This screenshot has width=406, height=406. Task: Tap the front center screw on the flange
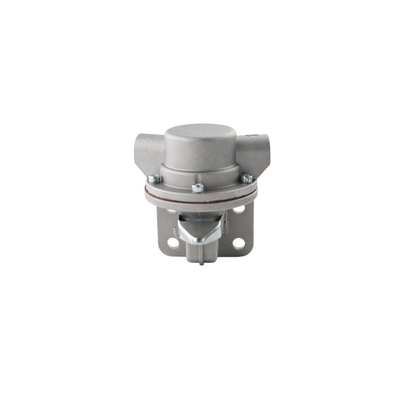[x=197, y=187]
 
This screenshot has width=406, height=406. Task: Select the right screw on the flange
[x=247, y=178]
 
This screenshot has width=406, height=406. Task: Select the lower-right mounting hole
[x=238, y=243]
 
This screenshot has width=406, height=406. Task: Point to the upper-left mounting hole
[x=172, y=209]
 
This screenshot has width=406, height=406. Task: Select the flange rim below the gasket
[x=200, y=200]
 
